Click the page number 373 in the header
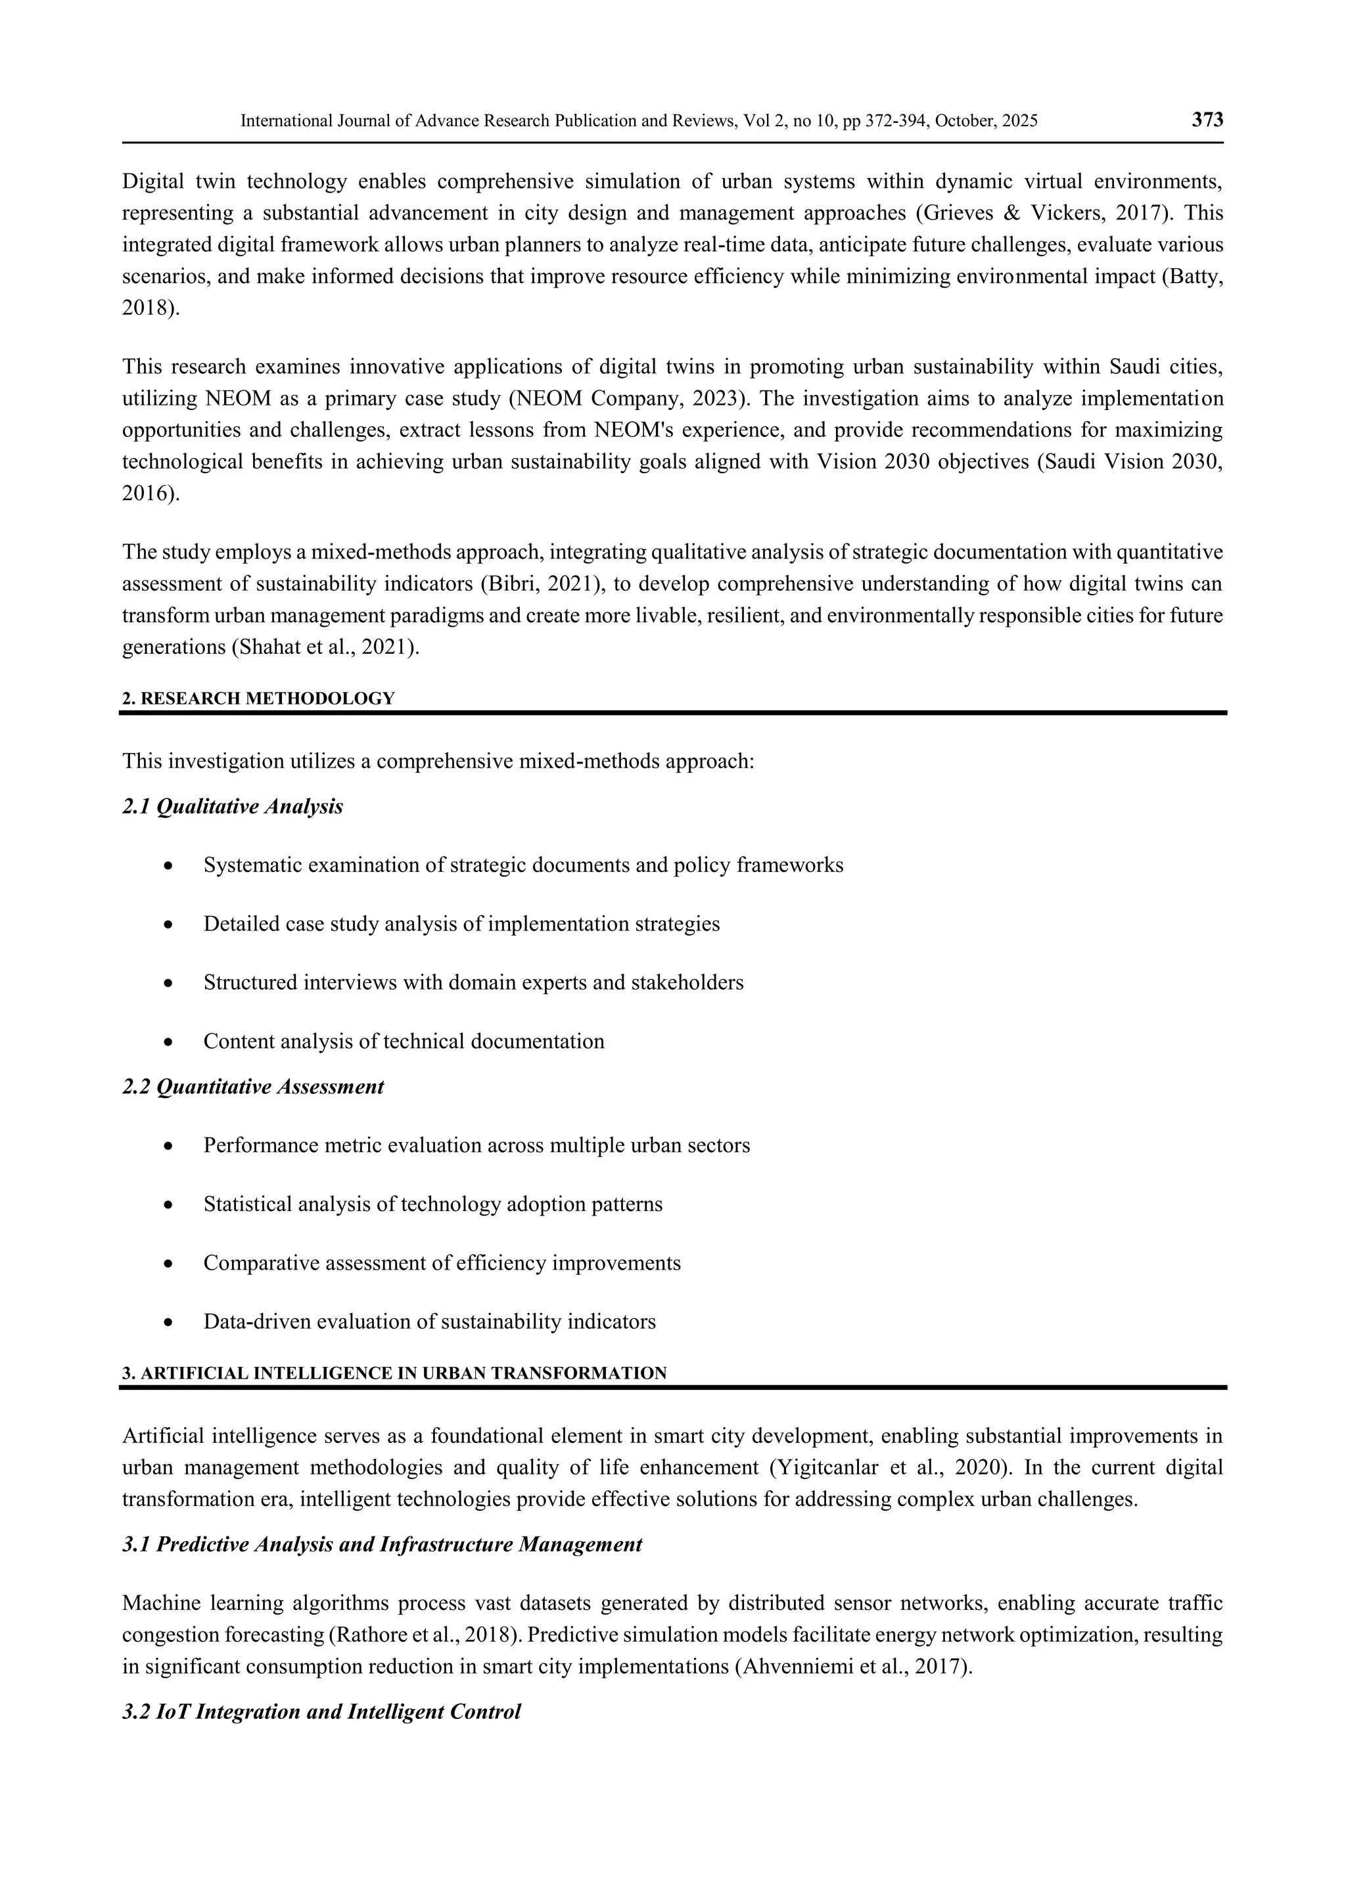pyautogui.click(x=1207, y=120)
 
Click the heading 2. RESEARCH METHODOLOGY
pyautogui.click(x=258, y=698)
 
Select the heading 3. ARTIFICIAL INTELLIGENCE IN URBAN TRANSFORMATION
pyautogui.click(x=394, y=1373)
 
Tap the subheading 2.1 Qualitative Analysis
pyautogui.click(x=233, y=806)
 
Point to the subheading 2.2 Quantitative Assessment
pyautogui.click(x=253, y=1087)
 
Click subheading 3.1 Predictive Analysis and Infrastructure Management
pyautogui.click(x=382, y=1545)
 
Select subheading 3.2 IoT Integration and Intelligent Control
pyautogui.click(x=321, y=1712)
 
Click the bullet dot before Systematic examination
pyautogui.click(x=169, y=866)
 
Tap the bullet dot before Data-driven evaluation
pyautogui.click(x=169, y=1323)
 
